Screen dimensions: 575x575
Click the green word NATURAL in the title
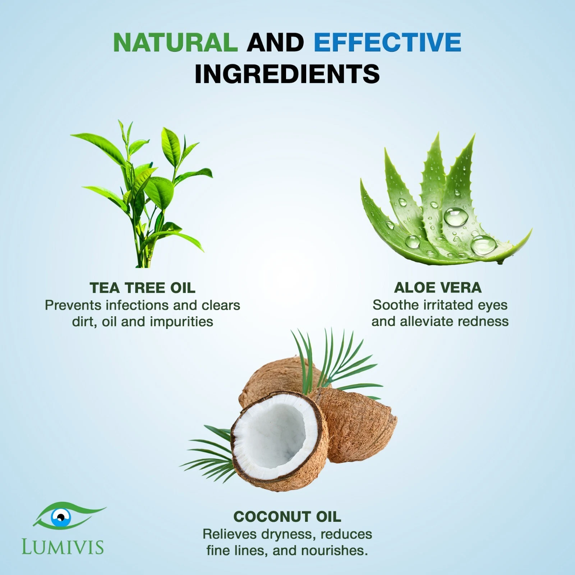tap(175, 42)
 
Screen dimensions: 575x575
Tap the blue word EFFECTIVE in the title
tap(387, 42)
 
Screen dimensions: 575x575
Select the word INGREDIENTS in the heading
tap(287, 74)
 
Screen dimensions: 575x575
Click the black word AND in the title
tap(276, 42)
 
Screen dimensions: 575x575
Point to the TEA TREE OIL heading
tap(143, 288)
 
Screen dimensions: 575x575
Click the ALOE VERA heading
tap(438, 287)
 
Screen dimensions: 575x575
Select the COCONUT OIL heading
tap(287, 517)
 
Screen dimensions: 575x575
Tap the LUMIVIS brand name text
tap(63, 547)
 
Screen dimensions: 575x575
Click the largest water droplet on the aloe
tap(456, 217)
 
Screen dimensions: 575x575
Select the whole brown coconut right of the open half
tap(354, 426)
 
